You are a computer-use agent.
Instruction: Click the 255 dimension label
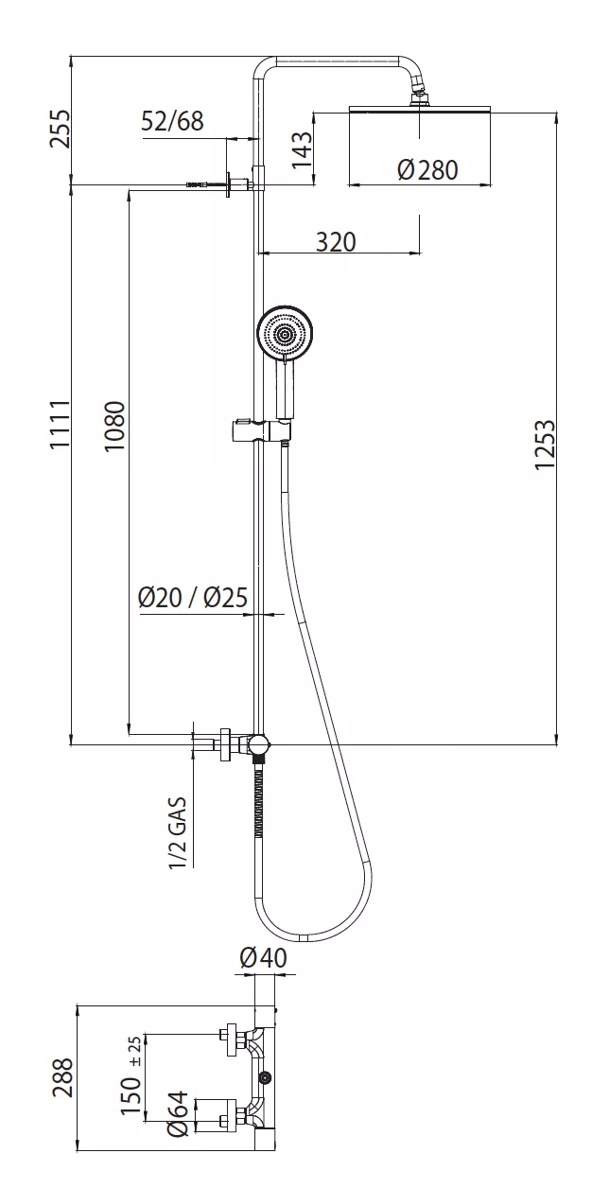point(60,129)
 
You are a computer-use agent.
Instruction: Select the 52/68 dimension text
point(172,121)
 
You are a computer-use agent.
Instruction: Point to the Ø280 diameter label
point(427,169)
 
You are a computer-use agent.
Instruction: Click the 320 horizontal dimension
point(336,242)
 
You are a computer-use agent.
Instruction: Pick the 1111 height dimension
point(60,425)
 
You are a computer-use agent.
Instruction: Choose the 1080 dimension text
point(114,427)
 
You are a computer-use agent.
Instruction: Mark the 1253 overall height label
point(545,445)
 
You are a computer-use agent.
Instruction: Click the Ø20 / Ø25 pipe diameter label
point(193,597)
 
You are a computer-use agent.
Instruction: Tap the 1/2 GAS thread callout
point(178,832)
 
